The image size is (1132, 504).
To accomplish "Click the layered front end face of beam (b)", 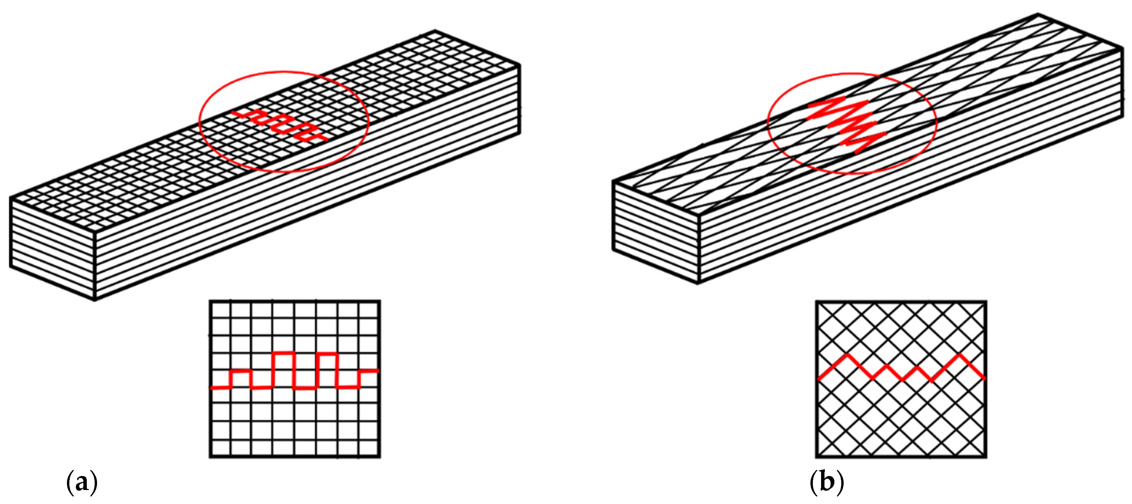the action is coord(656,232).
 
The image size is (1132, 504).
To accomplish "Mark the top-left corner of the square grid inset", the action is coord(210,301).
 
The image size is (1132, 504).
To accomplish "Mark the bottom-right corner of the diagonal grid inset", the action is coord(986,458).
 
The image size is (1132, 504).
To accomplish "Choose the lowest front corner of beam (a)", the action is coord(95,300).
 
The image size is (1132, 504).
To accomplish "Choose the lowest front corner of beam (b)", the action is coord(699,283).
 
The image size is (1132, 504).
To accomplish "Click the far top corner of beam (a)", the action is coord(435,31).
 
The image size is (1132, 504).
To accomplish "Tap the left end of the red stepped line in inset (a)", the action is coord(212,388).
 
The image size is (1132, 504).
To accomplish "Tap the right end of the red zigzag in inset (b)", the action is coord(985,378).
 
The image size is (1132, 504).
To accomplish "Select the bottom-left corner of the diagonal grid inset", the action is coord(817,458).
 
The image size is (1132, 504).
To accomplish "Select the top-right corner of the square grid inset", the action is coord(380,301).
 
